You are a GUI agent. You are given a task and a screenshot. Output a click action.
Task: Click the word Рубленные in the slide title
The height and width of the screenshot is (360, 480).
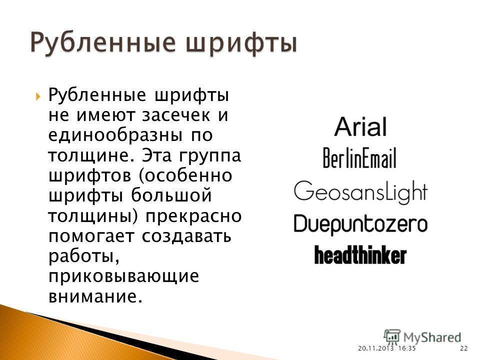(103, 43)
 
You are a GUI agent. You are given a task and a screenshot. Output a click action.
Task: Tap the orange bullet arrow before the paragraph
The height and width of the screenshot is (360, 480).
(37, 97)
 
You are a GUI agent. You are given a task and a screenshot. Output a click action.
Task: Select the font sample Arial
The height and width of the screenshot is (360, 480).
(360, 126)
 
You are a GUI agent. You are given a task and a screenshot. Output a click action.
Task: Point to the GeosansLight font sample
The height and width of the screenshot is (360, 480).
(360, 191)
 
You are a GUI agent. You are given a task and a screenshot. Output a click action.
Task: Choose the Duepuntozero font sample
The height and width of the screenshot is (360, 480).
(360, 224)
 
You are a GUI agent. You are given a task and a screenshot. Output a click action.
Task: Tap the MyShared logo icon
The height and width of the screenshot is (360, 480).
(392, 337)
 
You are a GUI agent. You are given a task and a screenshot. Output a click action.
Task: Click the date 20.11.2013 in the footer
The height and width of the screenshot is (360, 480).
(375, 348)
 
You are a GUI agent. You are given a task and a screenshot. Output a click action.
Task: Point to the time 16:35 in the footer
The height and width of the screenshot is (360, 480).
(407, 348)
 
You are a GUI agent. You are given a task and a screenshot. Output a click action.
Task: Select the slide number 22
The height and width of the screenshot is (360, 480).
(464, 348)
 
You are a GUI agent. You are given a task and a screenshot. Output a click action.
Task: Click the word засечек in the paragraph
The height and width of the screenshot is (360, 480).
(176, 115)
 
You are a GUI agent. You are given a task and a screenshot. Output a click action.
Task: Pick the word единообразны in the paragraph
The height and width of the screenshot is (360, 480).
(115, 136)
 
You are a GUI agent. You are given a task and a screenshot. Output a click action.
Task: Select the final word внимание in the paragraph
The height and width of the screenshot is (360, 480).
(95, 296)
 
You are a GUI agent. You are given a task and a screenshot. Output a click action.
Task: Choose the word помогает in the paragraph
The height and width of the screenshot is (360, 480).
(91, 236)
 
